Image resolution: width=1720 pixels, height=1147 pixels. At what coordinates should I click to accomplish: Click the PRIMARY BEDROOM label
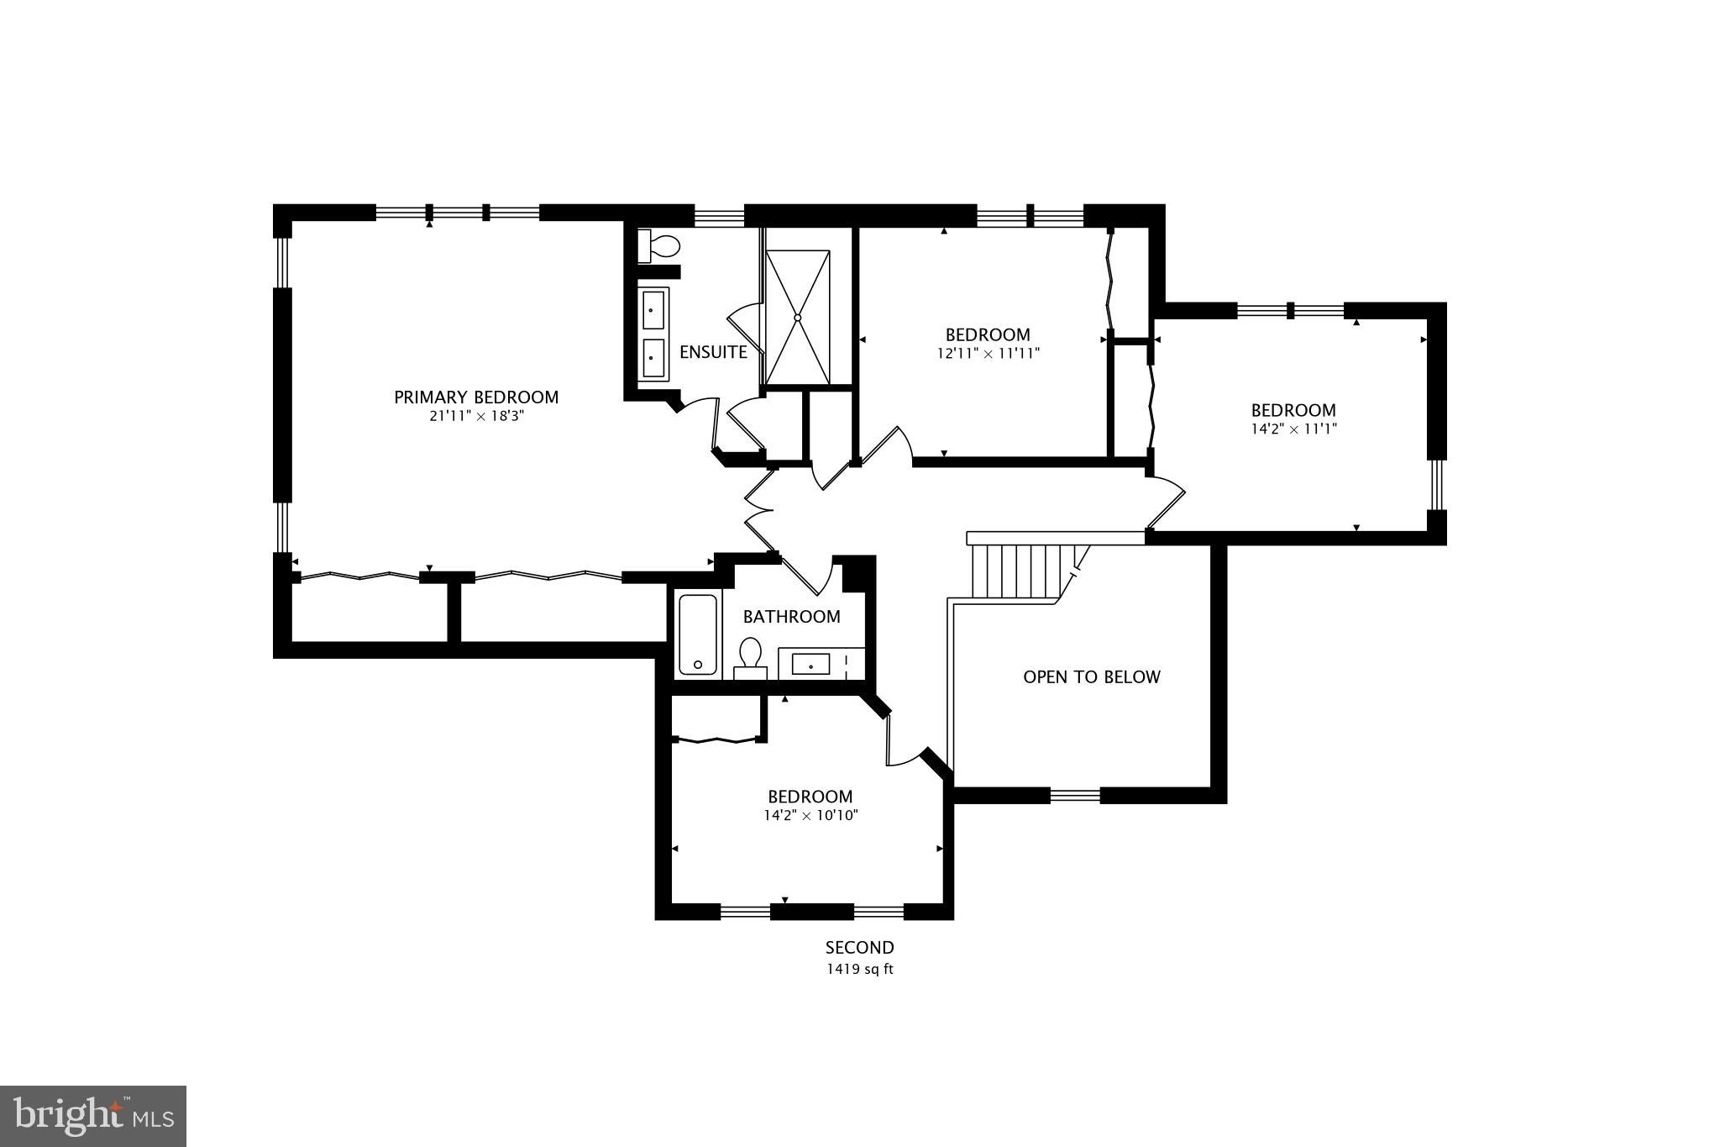tap(476, 397)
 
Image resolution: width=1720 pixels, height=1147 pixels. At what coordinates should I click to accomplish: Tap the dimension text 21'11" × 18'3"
tap(476, 417)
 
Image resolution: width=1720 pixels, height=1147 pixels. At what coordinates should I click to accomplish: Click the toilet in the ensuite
tap(660, 246)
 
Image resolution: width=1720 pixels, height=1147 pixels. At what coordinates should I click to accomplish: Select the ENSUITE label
tap(713, 352)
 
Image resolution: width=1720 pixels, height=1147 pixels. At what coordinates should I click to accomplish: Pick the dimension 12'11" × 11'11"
tap(988, 354)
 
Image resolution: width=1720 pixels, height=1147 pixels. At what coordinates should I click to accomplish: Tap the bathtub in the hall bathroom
tap(697, 634)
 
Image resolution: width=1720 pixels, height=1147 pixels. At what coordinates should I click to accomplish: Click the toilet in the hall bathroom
tap(750, 656)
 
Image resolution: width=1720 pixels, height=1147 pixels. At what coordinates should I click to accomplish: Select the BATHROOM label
tap(791, 617)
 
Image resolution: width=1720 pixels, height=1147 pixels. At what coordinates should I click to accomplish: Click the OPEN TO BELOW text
tap(1091, 677)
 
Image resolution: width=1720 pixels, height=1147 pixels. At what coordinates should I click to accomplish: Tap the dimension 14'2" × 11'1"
tap(1293, 429)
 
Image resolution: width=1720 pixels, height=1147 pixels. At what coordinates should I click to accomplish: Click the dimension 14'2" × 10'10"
tap(810, 816)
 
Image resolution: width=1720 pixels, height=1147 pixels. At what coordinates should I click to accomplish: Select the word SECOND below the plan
tap(859, 948)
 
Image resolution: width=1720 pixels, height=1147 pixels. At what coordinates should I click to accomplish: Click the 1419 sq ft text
tap(859, 970)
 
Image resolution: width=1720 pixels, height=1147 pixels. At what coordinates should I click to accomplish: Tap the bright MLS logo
tap(93, 1116)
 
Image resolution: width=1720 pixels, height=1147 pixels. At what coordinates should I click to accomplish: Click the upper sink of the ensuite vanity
tap(653, 309)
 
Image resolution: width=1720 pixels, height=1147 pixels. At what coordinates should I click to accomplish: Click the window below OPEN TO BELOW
tap(1075, 795)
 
